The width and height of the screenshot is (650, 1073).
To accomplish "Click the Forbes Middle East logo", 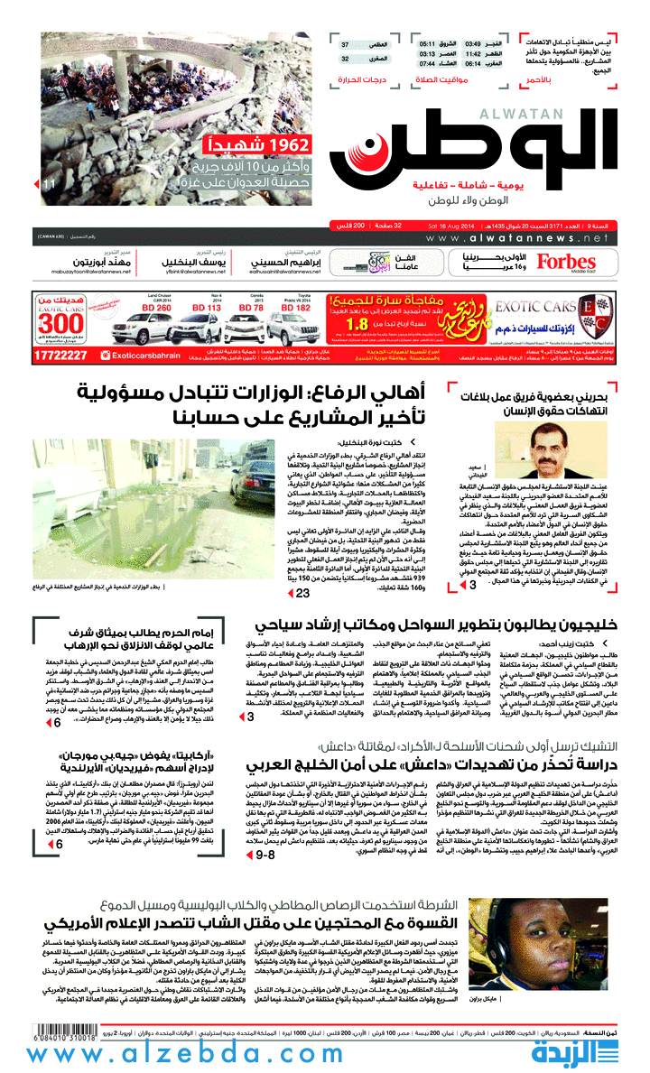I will click(566, 262).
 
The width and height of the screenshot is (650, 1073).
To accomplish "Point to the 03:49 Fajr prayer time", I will click(473, 43).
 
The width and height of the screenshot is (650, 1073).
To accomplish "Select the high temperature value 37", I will click(346, 44).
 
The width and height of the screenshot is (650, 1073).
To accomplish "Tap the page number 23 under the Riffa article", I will click(302, 593).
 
